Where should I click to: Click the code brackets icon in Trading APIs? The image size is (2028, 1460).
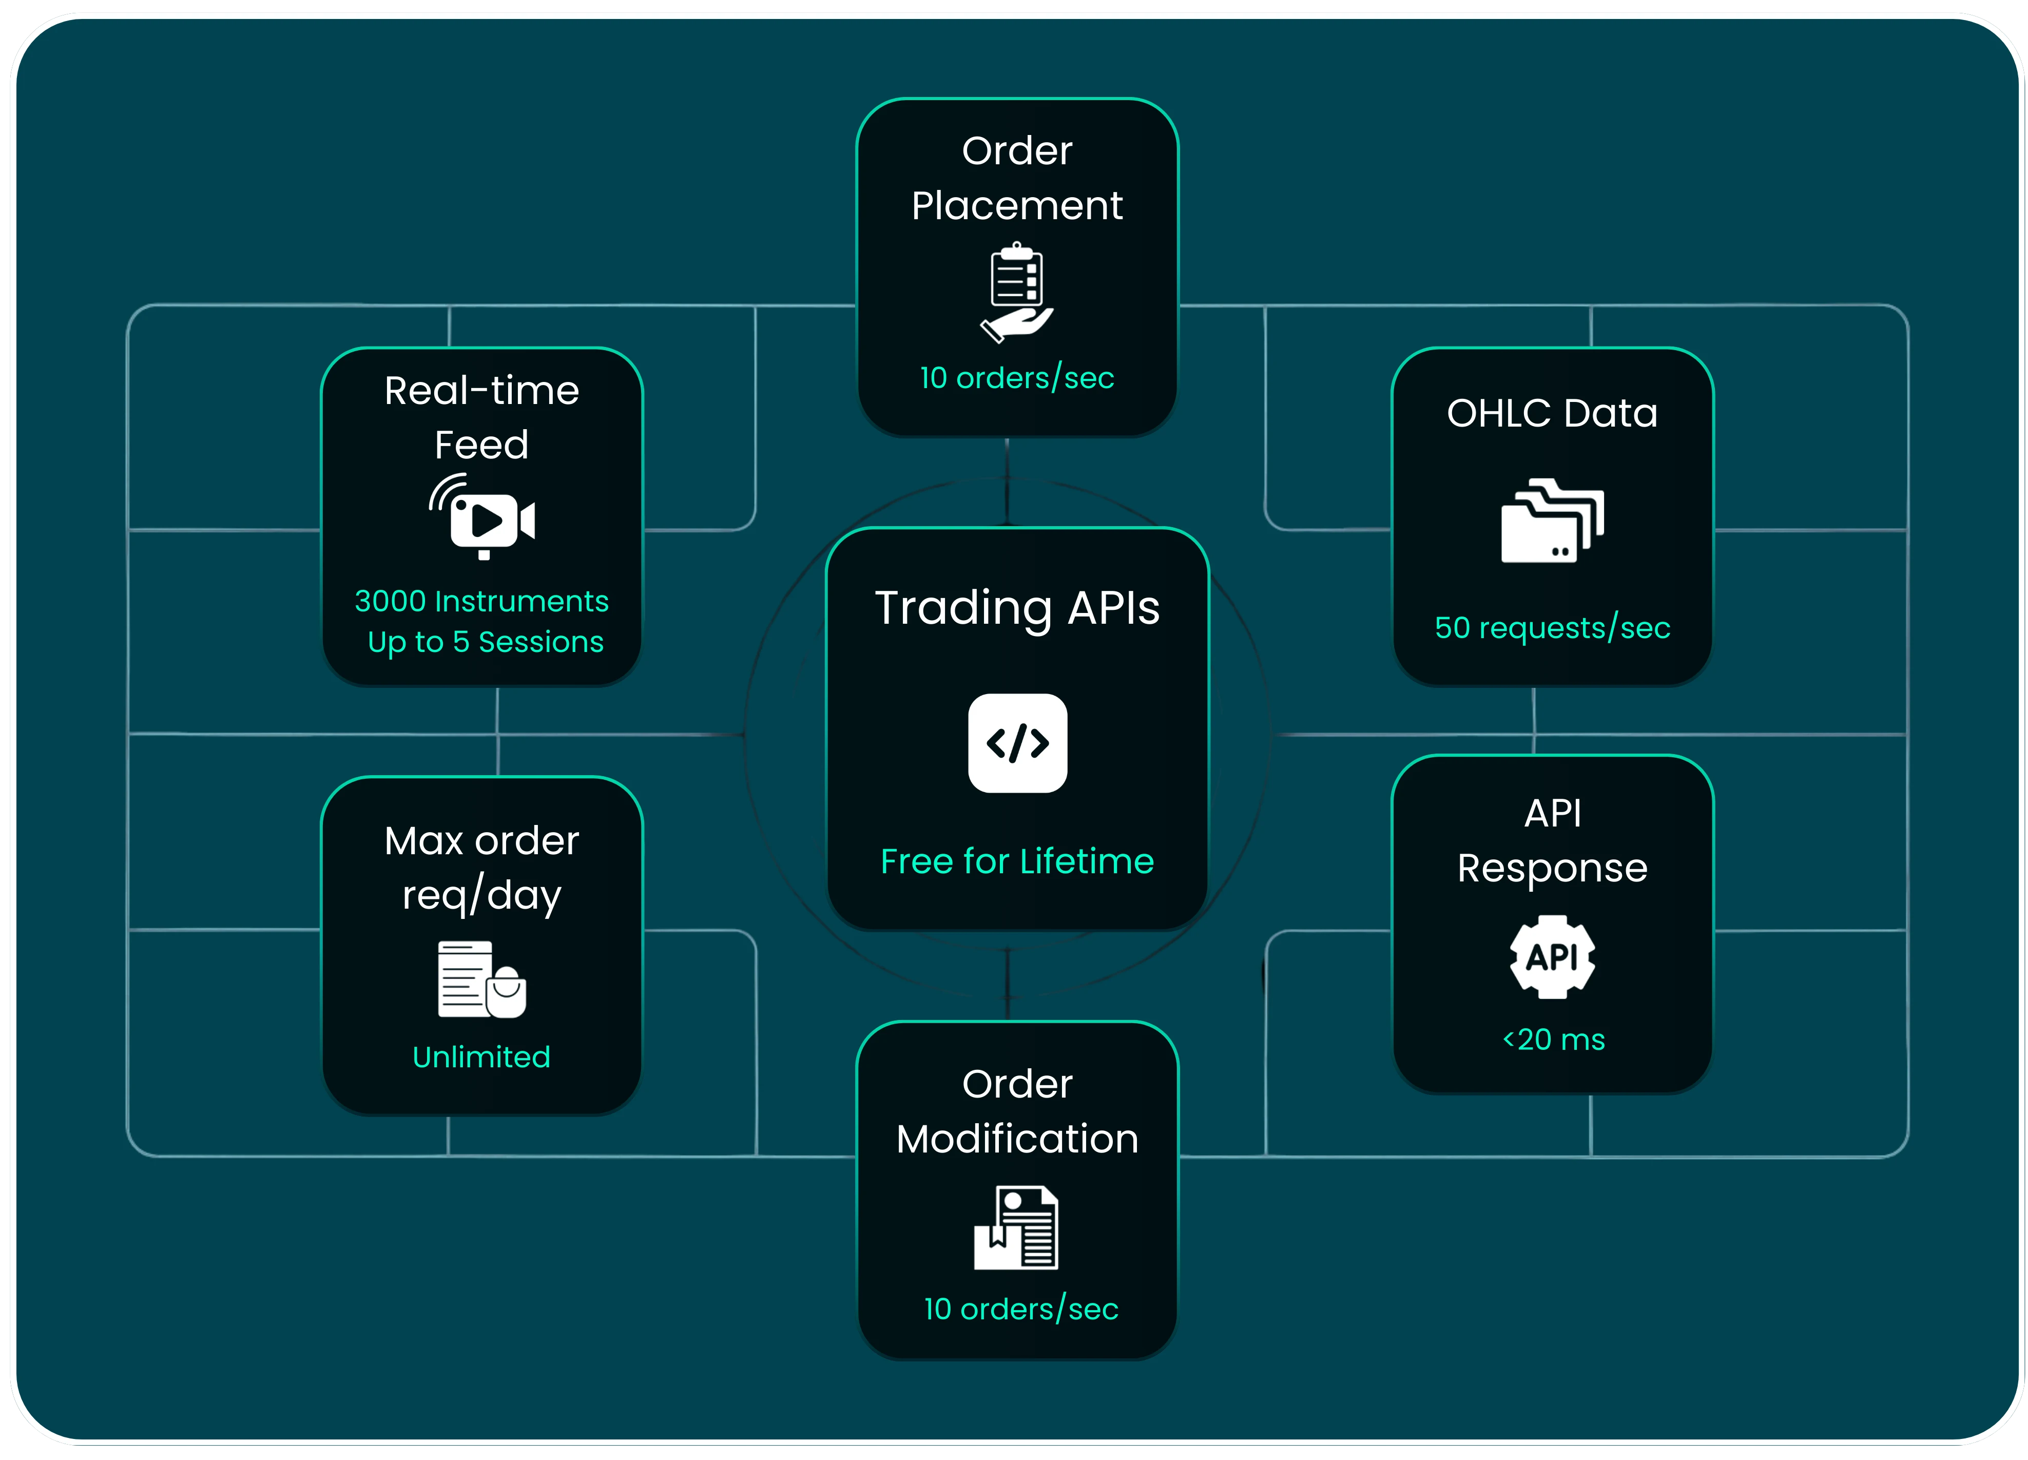1017,743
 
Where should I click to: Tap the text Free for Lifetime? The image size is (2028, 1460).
1017,861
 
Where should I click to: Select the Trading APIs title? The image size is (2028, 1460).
1017,608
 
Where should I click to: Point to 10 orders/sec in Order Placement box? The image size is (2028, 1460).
1017,378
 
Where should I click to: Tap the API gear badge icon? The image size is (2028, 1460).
1552,956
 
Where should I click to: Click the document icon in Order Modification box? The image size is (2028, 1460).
1017,1227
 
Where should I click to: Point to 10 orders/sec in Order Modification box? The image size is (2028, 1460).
1020,1309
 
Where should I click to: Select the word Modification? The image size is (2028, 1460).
1017,1139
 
